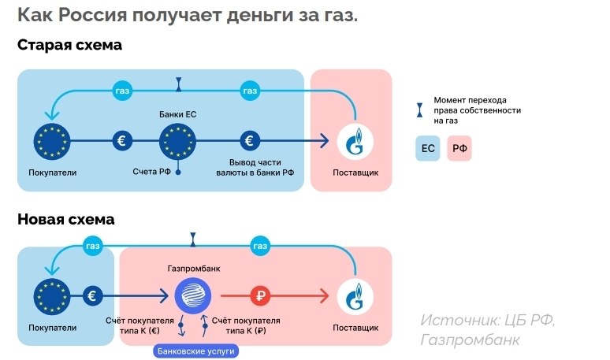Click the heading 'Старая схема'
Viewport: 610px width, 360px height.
click(69, 45)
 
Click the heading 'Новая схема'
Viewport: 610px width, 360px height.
click(65, 219)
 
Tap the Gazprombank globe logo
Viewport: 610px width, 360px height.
click(194, 296)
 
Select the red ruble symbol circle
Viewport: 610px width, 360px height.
click(261, 296)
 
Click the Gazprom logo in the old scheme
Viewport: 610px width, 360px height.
click(355, 142)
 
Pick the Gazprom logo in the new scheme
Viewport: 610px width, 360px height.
click(355, 296)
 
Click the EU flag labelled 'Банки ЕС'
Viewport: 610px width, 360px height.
click(178, 142)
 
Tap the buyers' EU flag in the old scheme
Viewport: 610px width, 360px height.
click(52, 142)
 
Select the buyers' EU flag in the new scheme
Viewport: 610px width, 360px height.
click(52, 296)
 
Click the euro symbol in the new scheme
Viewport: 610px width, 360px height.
click(93, 296)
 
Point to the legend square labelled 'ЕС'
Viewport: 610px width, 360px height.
click(428, 148)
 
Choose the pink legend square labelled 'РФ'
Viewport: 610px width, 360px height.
click(459, 148)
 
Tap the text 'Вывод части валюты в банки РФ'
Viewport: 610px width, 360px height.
click(249, 167)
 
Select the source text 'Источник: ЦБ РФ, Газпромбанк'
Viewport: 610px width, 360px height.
click(487, 330)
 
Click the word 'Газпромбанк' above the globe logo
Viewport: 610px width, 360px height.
click(194, 269)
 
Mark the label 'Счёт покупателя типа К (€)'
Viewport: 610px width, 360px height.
click(139, 325)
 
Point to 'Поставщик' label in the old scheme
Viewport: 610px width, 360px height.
click(355, 172)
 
